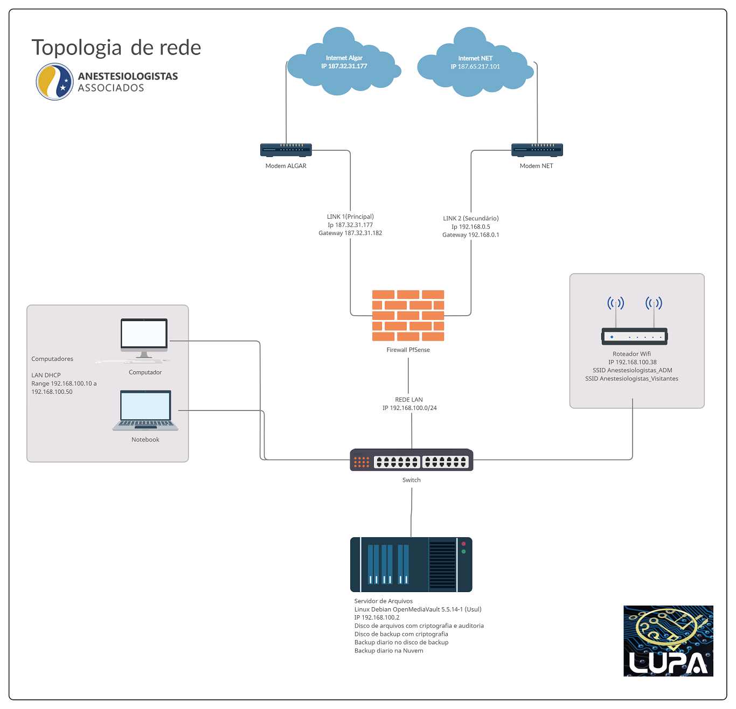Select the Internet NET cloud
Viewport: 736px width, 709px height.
(475, 62)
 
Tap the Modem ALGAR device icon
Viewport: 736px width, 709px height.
(286, 150)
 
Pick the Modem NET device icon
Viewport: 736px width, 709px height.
(537, 150)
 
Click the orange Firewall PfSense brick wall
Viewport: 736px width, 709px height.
(408, 316)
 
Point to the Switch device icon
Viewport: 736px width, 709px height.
(412, 460)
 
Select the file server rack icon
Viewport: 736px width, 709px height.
(411, 565)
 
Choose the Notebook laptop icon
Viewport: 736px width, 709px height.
(145, 411)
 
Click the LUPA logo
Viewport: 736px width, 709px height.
(668, 641)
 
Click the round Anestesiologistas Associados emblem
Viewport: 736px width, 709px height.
(54, 82)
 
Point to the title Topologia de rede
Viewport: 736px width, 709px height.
(116, 47)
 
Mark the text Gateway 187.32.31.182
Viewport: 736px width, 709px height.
(350, 233)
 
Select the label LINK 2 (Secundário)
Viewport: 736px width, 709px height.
(471, 218)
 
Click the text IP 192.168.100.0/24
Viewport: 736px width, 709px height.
(409, 408)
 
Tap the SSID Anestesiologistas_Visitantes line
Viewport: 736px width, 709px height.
(631, 379)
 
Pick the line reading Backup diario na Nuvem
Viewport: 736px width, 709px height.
(389, 650)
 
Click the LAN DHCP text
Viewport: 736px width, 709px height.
(46, 375)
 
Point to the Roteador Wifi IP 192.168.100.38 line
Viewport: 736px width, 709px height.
(633, 362)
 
